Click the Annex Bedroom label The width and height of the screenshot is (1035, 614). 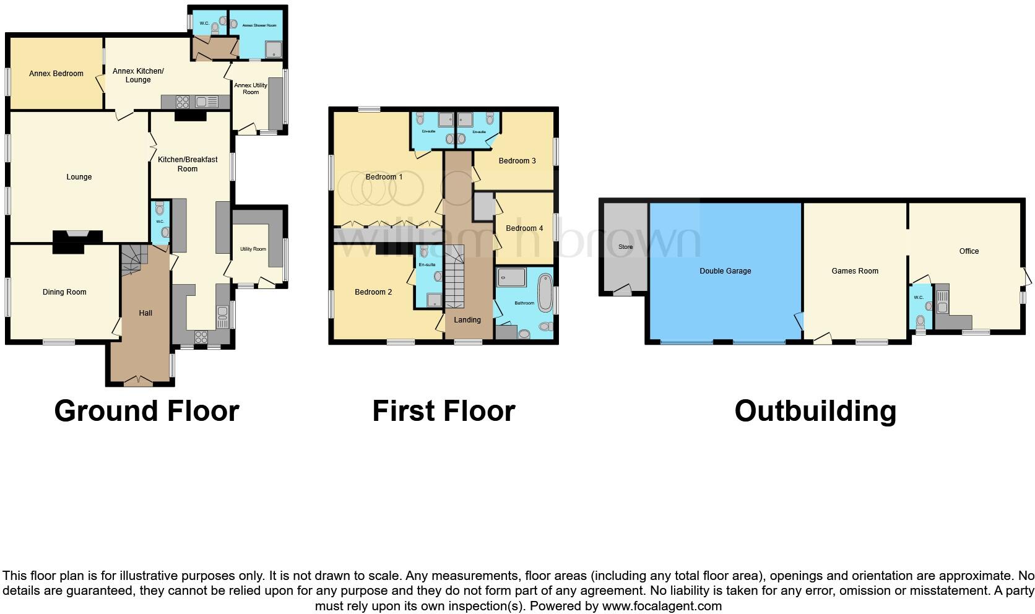coord(56,74)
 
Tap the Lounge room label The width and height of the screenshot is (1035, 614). coord(79,177)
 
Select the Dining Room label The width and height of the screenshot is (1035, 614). coord(64,292)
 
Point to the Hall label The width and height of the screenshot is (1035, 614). coord(145,313)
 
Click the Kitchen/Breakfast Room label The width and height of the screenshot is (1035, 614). coord(188,164)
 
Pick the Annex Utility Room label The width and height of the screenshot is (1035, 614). coord(251,89)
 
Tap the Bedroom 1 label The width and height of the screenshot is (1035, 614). coord(384,177)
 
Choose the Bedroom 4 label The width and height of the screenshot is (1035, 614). coord(524,228)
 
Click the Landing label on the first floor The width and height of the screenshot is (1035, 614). coord(467,320)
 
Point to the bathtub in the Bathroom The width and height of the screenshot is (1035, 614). coord(545,292)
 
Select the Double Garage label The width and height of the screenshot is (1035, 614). coord(725,271)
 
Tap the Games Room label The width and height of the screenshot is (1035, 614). coord(855,271)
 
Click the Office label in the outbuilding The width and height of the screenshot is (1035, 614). coord(969,251)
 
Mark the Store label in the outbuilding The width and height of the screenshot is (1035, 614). coord(625,247)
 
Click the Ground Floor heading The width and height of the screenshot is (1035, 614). coord(147,411)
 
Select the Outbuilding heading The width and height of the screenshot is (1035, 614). coord(815,411)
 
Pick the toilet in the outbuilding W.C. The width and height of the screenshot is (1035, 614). coord(920,321)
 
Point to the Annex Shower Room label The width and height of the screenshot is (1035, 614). coord(259,25)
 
